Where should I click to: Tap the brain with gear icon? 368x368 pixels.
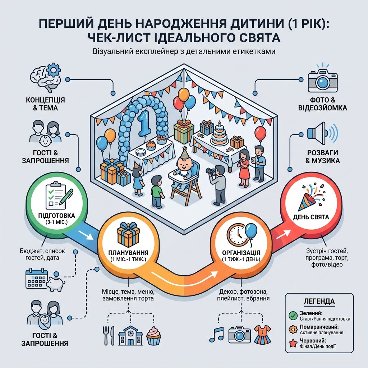click(45, 78)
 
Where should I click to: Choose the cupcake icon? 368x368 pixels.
click(154, 336)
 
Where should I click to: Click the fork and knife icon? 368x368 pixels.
click(109, 336)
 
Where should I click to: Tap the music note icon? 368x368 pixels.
click(216, 335)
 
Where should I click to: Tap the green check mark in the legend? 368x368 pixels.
click(293, 316)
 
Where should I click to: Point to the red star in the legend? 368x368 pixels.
click(293, 343)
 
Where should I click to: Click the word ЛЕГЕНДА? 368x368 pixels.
click(319, 301)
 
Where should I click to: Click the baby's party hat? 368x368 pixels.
click(185, 153)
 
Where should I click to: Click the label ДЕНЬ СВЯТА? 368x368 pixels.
click(311, 217)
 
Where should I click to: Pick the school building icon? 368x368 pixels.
click(130, 336)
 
